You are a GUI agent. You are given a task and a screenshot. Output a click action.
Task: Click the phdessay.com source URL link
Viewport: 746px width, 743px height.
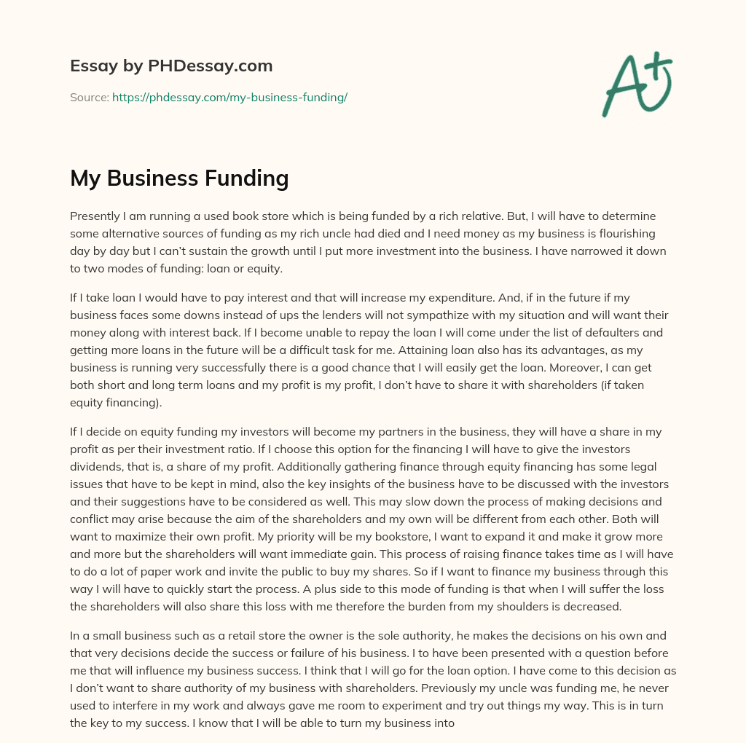pos(229,97)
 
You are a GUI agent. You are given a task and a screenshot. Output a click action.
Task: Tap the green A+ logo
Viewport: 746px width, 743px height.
pos(637,83)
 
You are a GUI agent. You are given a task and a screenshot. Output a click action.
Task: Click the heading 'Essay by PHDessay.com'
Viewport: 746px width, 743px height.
pos(171,66)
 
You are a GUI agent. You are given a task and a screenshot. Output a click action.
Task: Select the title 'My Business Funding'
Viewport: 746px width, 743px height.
pos(179,178)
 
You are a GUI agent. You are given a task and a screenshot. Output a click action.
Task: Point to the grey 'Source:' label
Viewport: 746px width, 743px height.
pos(89,97)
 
